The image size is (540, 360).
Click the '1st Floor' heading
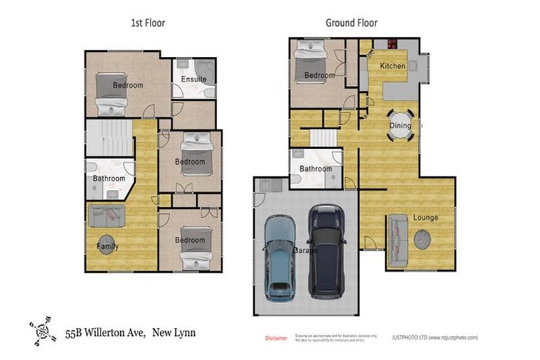(148, 23)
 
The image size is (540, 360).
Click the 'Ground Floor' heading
(351, 23)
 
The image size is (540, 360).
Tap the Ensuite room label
(193, 79)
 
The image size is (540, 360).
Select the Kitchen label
(392, 66)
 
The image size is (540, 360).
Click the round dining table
(401, 125)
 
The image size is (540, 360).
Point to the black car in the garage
(327, 250)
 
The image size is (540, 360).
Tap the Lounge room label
(425, 217)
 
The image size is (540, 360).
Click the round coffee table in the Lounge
(423, 240)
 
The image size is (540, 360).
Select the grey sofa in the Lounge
(396, 238)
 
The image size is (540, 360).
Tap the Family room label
(107, 247)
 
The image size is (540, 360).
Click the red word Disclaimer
(276, 338)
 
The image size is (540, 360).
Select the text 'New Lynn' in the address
(175, 332)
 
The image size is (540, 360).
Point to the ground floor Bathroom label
(315, 169)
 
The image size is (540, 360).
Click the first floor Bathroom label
(108, 179)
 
